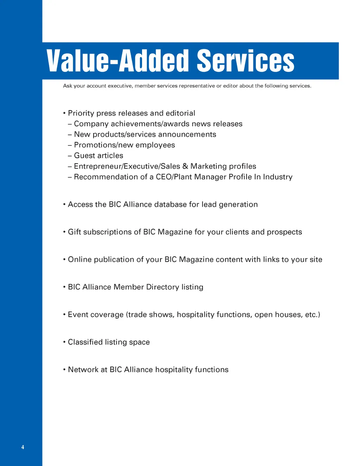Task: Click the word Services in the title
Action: (x=245, y=61)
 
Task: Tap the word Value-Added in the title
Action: (x=118, y=61)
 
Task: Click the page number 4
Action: (x=23, y=447)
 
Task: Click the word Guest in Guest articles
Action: (x=83, y=155)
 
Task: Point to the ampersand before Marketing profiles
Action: (x=185, y=166)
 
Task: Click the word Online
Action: (x=80, y=260)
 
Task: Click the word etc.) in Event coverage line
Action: (x=313, y=314)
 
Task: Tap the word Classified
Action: (x=84, y=342)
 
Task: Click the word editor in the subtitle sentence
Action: (x=231, y=86)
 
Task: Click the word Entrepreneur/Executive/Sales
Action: (x=127, y=166)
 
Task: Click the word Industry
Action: (x=278, y=177)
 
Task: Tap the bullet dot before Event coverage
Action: (x=64, y=314)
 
